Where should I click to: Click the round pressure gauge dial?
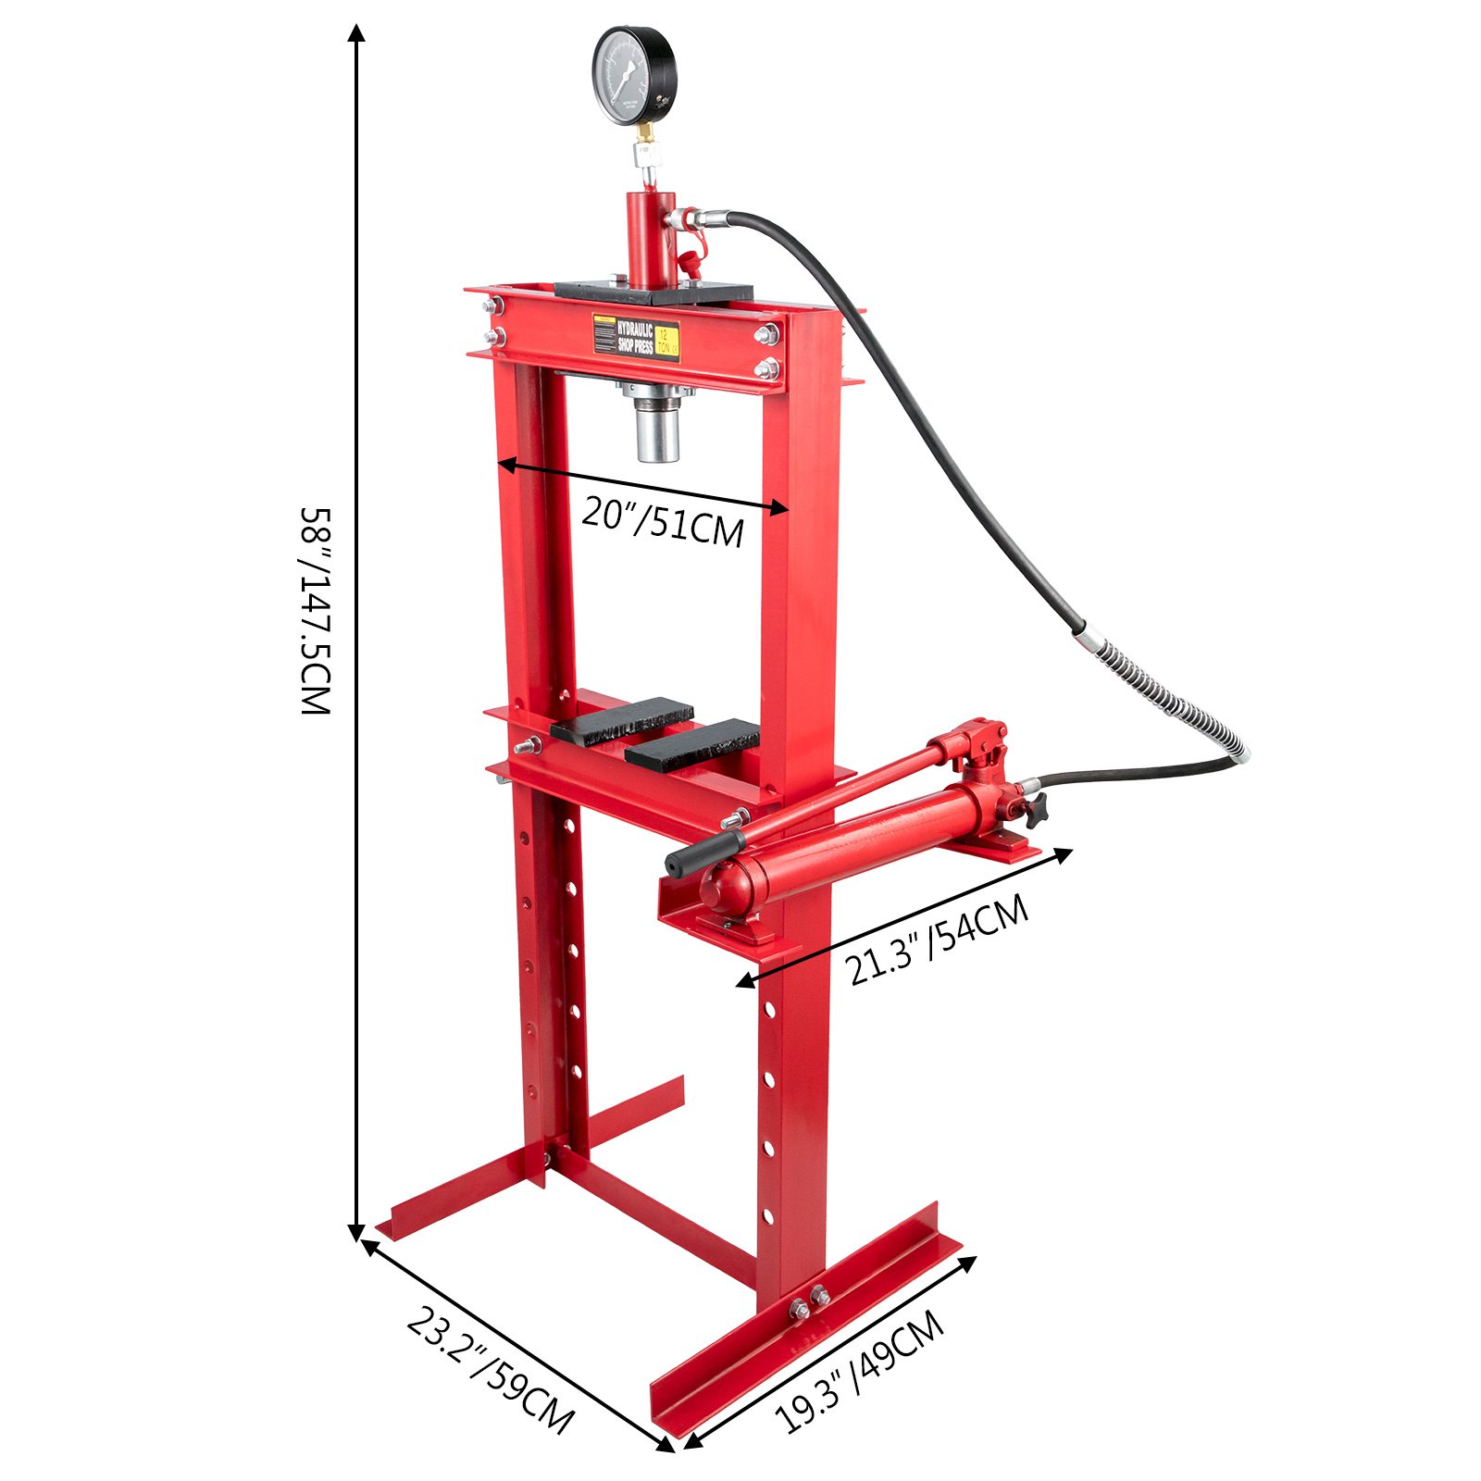[x=634, y=76]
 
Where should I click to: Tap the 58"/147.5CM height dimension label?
[x=315, y=611]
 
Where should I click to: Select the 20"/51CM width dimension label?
[x=663, y=522]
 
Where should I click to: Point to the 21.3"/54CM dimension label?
[x=937, y=940]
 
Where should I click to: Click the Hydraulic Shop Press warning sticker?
[x=636, y=336]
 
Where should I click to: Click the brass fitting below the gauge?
[x=642, y=147]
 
